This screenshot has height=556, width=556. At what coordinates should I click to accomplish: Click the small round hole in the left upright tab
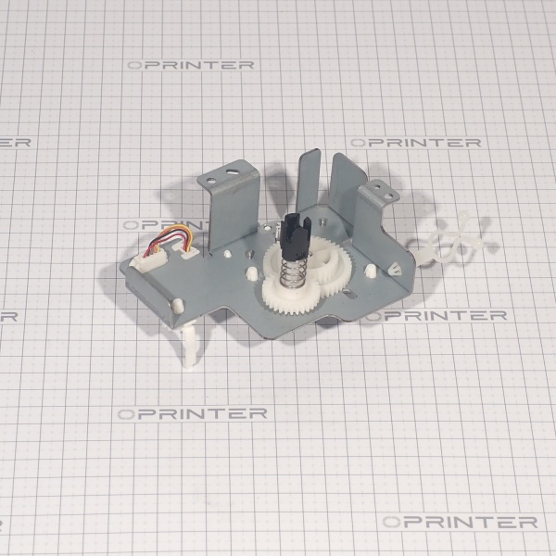point(211,181)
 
